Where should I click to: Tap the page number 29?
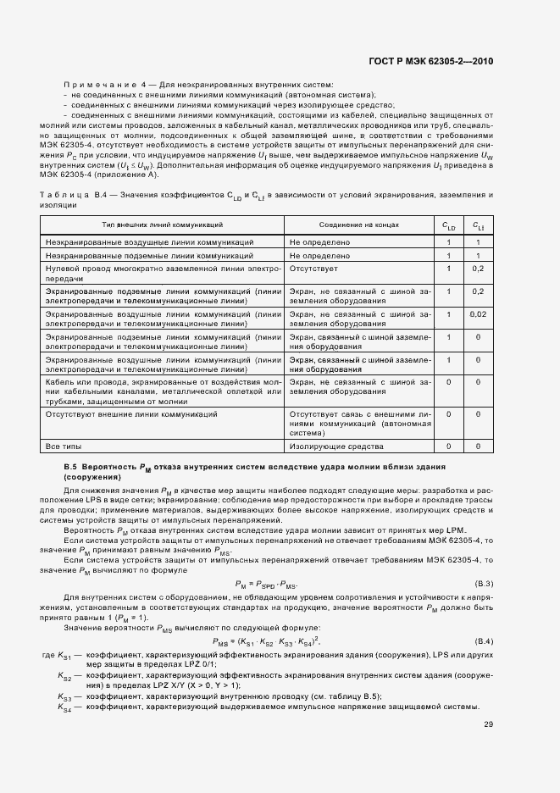tap(488, 724)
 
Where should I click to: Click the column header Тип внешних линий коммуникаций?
tap(163, 225)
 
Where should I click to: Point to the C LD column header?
tap(449, 225)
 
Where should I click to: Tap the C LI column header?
tap(478, 225)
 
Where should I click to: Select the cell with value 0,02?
tap(478, 314)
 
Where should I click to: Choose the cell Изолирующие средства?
tap(325, 445)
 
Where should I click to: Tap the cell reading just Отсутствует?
tap(314, 269)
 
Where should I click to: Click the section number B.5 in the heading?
tap(72, 468)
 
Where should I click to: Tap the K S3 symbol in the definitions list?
tap(64, 696)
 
